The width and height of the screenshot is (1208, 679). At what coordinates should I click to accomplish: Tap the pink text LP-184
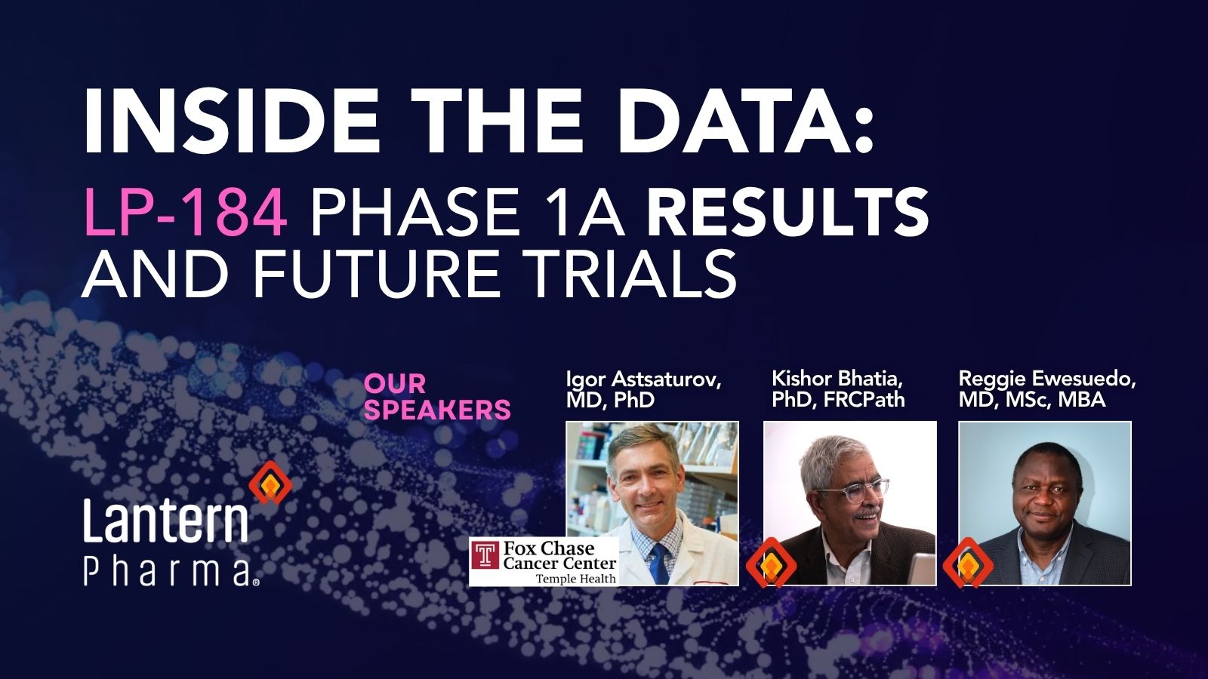186,212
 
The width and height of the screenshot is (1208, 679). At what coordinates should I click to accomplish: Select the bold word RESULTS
787,212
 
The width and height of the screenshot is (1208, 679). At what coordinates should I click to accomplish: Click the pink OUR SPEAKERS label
437,397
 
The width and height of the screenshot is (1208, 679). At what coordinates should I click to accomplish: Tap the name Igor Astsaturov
643,379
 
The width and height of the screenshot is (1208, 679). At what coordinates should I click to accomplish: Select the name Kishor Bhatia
837,378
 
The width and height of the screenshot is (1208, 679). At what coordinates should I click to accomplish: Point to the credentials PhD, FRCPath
838,399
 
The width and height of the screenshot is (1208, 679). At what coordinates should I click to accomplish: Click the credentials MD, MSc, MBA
1032,399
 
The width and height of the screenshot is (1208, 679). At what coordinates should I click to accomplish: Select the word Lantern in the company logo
165,521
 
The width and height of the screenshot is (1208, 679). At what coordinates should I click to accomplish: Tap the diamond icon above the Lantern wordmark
270,484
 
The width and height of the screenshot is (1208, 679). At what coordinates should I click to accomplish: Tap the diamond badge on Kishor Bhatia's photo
771,563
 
